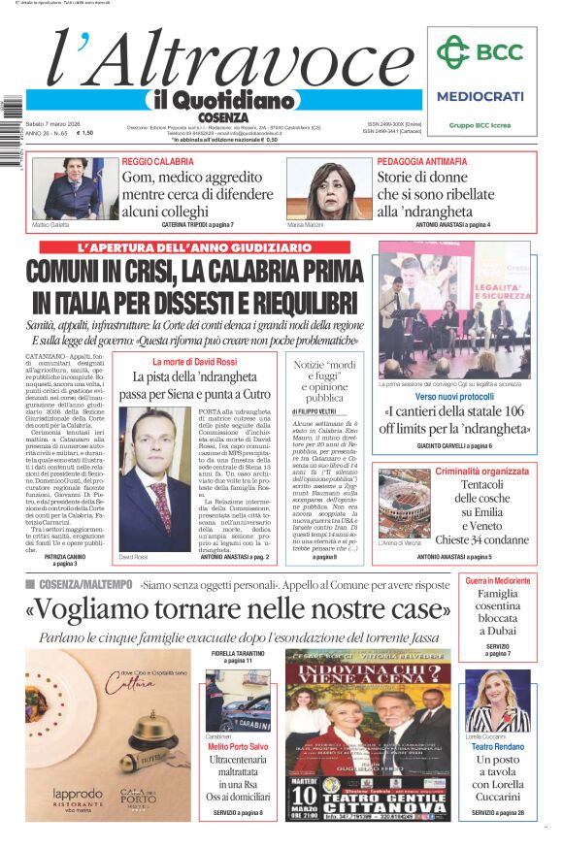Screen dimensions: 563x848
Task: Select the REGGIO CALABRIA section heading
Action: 157,161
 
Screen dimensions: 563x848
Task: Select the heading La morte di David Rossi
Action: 194,362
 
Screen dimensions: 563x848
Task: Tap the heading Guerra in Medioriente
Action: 497,580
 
